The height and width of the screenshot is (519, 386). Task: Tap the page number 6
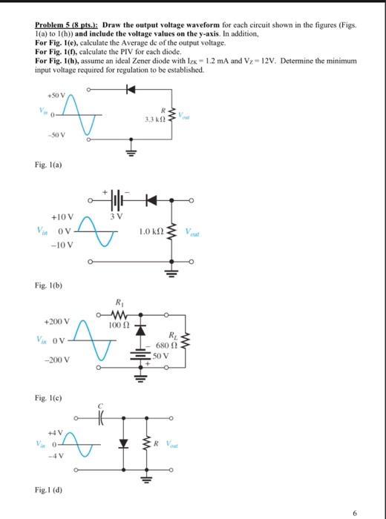pos(375,512)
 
